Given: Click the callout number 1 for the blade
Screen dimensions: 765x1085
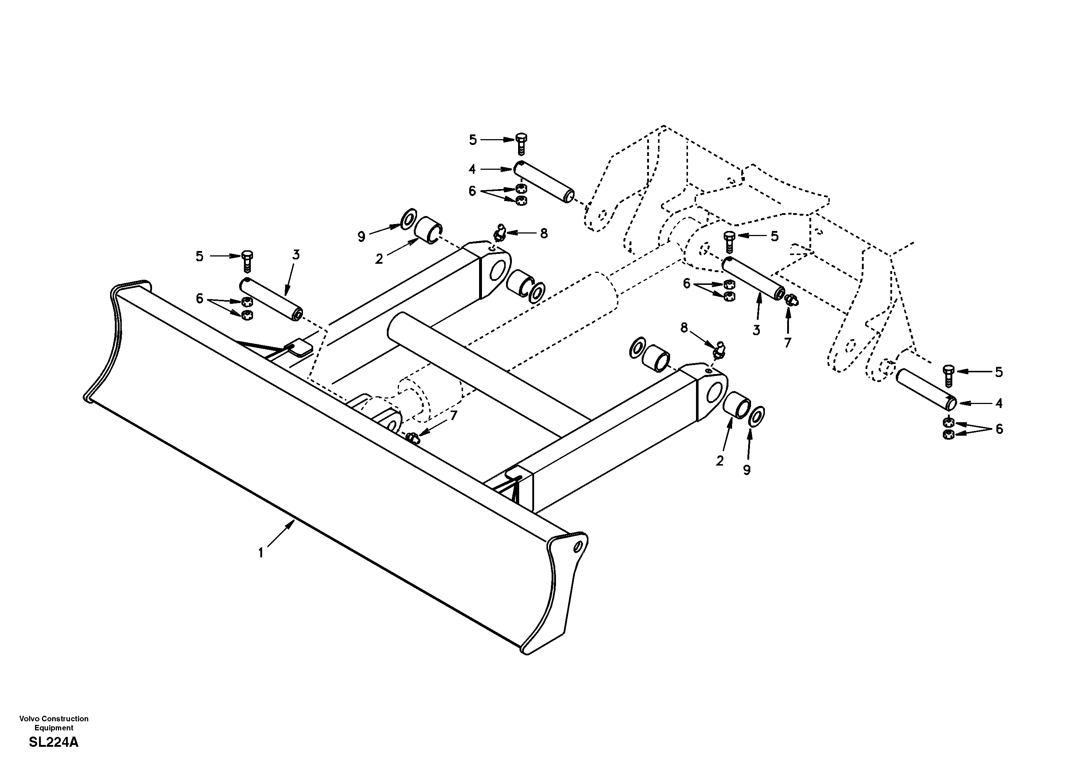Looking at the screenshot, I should (x=261, y=553).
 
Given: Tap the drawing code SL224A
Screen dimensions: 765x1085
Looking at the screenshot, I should (x=53, y=742).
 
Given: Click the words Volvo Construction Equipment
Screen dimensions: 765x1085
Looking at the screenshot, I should (x=53, y=723).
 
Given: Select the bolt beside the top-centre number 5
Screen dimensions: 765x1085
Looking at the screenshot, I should (x=521, y=144).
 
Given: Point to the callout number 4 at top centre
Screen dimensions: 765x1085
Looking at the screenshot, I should (x=472, y=169).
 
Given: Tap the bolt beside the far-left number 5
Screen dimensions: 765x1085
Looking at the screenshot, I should (x=247, y=261).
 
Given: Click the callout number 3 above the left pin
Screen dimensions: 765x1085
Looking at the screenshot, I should (x=296, y=255).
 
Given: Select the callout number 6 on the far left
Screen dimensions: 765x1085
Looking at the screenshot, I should (x=199, y=298).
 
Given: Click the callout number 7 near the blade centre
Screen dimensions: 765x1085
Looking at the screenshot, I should (x=454, y=416).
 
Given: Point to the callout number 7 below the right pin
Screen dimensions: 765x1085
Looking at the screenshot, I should (x=787, y=342).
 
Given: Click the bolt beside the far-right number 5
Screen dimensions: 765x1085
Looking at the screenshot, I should (x=948, y=376).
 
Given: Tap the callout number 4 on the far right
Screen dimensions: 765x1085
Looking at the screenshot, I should (x=999, y=403).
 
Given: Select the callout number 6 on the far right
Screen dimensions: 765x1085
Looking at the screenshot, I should (x=999, y=429).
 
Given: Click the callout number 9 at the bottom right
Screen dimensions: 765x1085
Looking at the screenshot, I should (x=747, y=470).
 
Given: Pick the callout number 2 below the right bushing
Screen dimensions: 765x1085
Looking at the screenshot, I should (x=719, y=461).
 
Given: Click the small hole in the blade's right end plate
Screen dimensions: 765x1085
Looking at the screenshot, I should (x=577, y=547).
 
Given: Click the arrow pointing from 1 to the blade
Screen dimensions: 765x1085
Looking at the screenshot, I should (x=281, y=534).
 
